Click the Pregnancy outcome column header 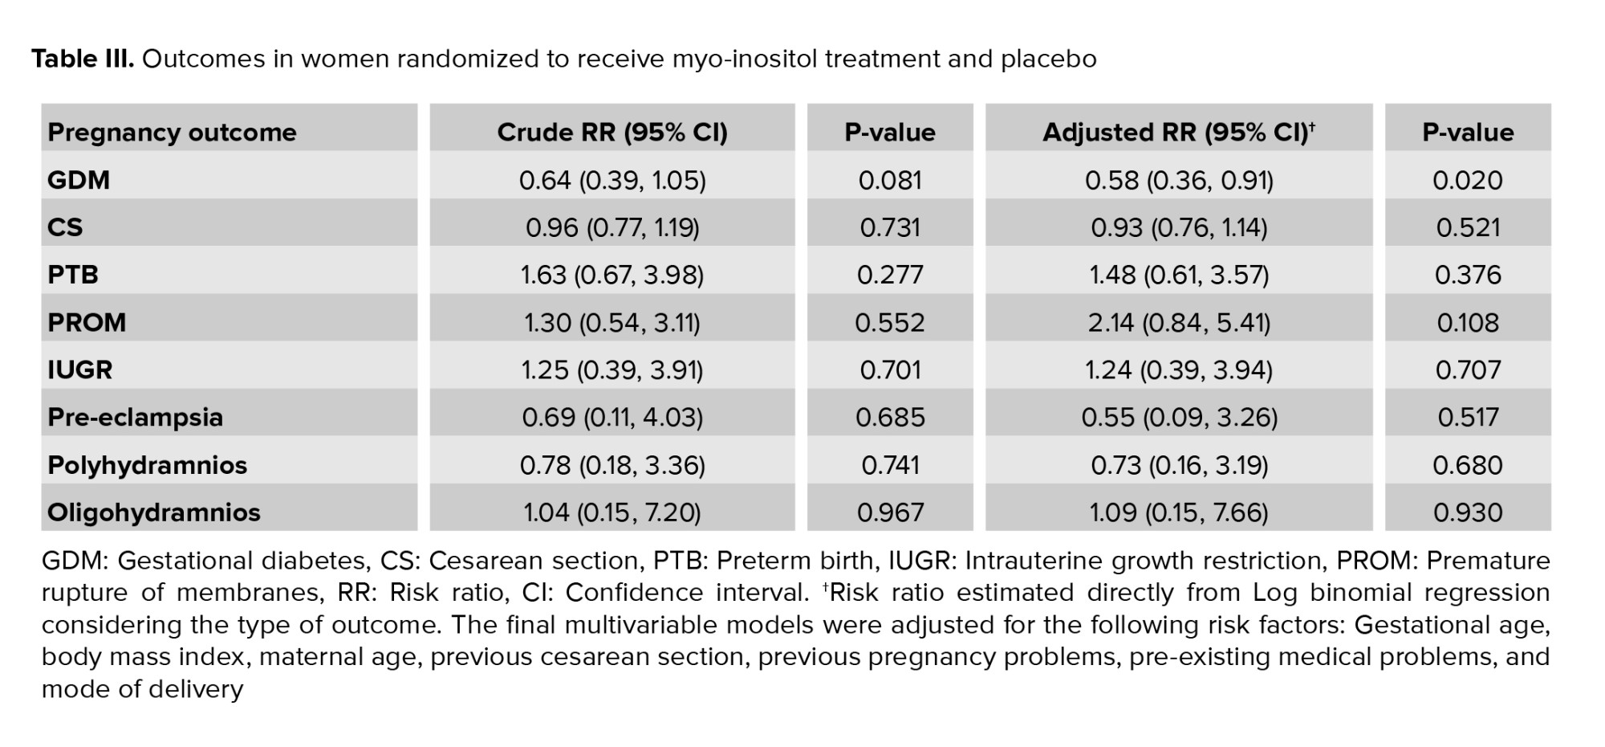click(x=172, y=133)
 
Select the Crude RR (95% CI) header click(x=612, y=133)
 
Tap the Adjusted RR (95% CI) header click(x=1178, y=133)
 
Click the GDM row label click(x=79, y=180)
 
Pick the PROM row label click(x=87, y=322)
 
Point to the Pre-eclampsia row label click(x=135, y=417)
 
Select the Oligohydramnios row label click(x=154, y=512)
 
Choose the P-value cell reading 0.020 click(x=1467, y=180)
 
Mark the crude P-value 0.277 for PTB click(x=890, y=275)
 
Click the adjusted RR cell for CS click(x=1179, y=227)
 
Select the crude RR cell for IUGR click(x=612, y=369)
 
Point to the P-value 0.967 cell click(x=890, y=512)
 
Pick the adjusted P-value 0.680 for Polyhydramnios click(x=1467, y=465)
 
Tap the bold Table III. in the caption click(x=83, y=59)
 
